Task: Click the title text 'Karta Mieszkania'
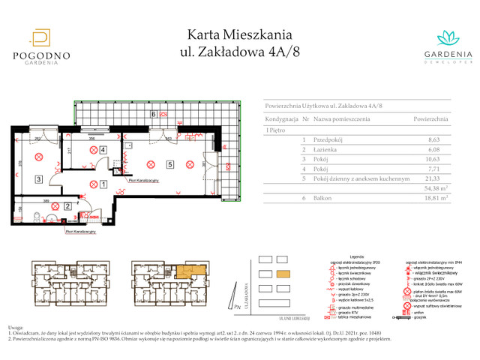pos(239,34)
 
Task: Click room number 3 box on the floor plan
pos(38,179)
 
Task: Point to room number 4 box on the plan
pos(103,150)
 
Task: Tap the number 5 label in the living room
pos(170,164)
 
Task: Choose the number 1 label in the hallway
pos(103,183)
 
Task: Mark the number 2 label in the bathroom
pos(67,206)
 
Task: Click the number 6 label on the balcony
pos(153,115)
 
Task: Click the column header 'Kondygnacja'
pos(282,119)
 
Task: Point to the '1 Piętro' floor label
pos(276,131)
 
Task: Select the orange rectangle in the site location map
pos(283,274)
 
